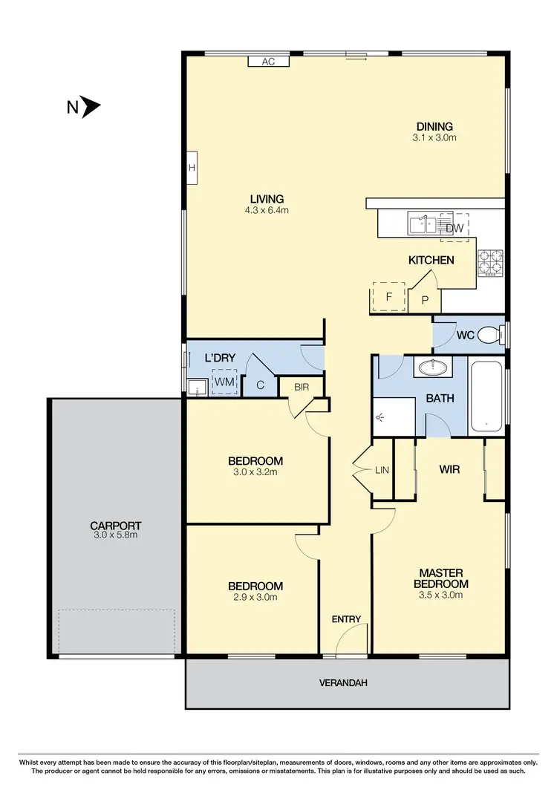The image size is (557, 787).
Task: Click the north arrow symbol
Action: (x=91, y=107)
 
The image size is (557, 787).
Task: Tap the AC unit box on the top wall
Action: (x=268, y=62)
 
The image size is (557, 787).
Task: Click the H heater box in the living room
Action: (x=192, y=168)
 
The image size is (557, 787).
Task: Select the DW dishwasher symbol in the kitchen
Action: (x=455, y=228)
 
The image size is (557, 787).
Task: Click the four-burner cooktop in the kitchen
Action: (x=491, y=263)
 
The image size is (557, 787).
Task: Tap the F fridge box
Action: (x=388, y=298)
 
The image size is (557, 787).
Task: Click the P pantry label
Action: (x=425, y=301)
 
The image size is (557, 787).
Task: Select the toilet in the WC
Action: (x=490, y=335)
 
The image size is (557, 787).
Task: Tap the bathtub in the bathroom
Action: (x=487, y=396)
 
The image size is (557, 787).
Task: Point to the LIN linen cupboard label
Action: (x=382, y=470)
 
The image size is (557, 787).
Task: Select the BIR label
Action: (x=302, y=387)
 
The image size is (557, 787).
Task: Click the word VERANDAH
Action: (x=343, y=682)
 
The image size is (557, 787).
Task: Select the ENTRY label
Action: (x=346, y=619)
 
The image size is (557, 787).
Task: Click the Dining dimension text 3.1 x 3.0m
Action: (x=434, y=137)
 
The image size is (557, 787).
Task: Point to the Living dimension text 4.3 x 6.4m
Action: (x=267, y=210)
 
